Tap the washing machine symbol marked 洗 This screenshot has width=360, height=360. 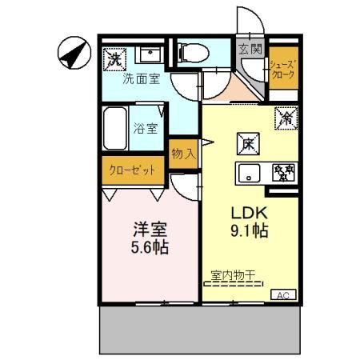click(114, 58)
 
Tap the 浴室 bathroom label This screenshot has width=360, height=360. click(145, 127)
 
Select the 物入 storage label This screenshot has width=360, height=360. click(183, 153)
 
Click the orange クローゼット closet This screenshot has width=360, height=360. click(133, 170)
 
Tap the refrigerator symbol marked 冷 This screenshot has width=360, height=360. click(286, 117)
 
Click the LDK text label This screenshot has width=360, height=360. click(248, 214)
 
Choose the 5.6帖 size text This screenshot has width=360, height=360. click(150, 248)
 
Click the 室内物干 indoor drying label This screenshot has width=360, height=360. click(233, 275)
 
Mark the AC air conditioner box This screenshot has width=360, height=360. click(282, 295)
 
